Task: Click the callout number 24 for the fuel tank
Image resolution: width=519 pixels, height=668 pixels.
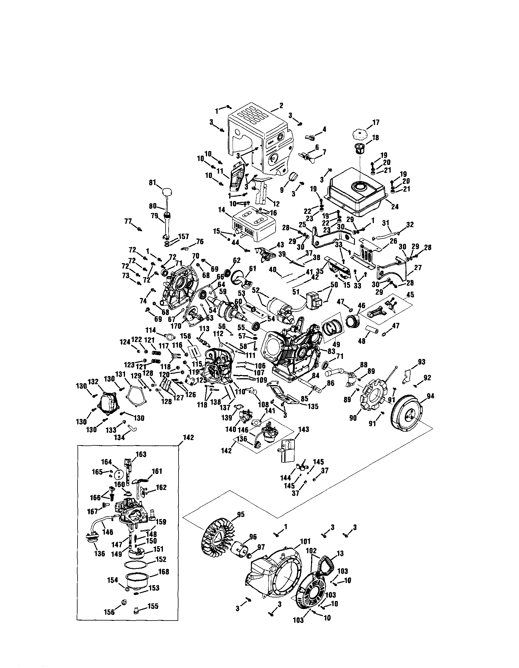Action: (x=395, y=206)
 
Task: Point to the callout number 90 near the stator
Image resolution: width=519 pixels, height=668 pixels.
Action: (x=353, y=418)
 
